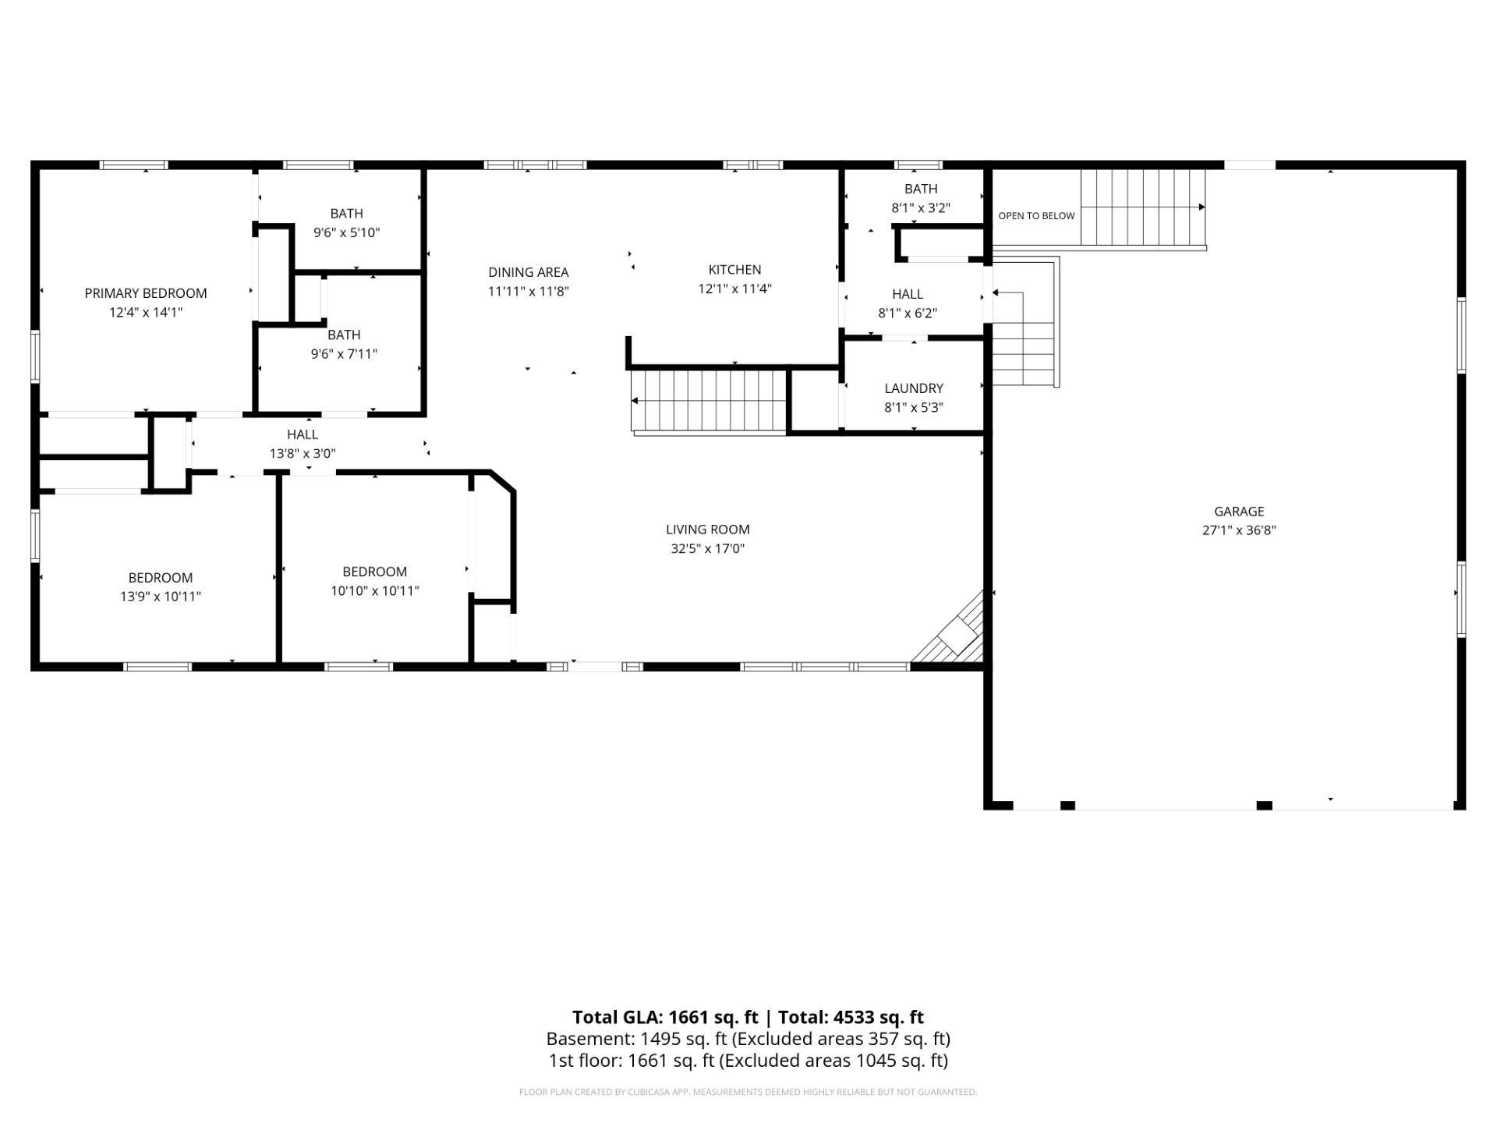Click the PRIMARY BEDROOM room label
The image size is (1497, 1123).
click(146, 293)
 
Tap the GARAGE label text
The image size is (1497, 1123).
click(1239, 512)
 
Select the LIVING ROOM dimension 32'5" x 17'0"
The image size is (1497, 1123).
click(708, 548)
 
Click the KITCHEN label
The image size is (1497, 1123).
click(734, 270)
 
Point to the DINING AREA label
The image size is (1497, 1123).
click(529, 272)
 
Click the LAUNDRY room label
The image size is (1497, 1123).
click(914, 388)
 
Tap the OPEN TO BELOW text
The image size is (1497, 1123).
click(1036, 216)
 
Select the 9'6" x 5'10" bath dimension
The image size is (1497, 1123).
click(346, 232)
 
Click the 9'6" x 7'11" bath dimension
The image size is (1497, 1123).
click(344, 354)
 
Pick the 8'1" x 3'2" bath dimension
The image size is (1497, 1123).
click(921, 208)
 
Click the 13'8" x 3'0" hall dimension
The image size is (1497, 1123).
click(303, 453)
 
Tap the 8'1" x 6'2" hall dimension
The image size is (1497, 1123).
click(908, 314)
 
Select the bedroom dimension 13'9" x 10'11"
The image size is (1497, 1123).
click(161, 597)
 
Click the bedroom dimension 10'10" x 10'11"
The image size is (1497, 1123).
click(375, 591)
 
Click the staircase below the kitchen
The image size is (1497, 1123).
click(708, 401)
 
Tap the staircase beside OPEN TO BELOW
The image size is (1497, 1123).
click(1143, 207)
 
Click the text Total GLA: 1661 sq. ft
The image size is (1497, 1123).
click(665, 1017)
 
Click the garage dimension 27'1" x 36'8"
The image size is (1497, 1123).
click(1239, 530)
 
